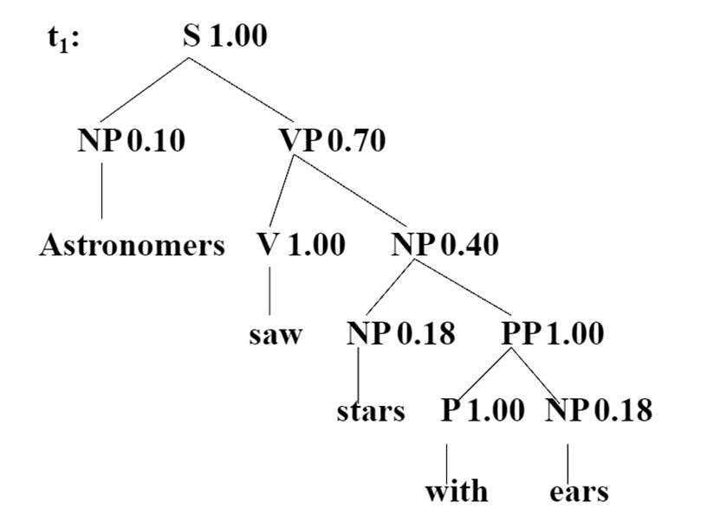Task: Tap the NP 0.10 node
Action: point(131,140)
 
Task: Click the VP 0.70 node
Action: point(332,140)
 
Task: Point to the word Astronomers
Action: point(132,246)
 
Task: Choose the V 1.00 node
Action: point(301,245)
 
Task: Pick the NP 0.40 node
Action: point(444,245)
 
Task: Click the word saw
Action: point(276,334)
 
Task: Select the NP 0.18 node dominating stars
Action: point(400,333)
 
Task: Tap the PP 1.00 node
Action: point(552,333)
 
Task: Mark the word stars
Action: point(371,409)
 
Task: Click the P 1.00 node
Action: point(483,409)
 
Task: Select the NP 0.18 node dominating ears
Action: point(599,409)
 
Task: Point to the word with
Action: point(456,492)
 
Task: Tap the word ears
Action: point(579,492)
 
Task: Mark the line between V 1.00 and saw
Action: point(269,291)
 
